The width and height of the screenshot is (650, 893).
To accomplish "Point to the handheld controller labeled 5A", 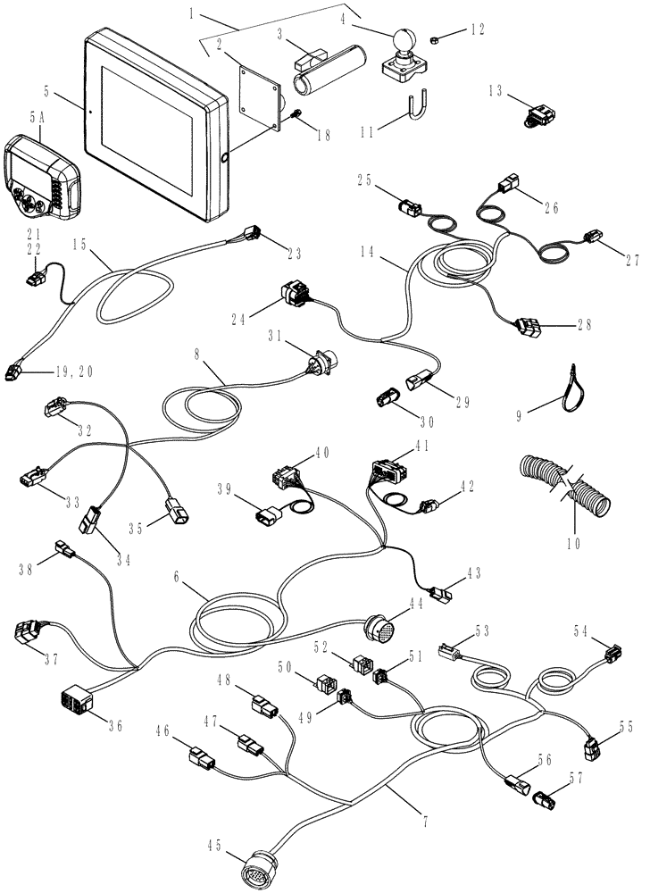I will (41, 176).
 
